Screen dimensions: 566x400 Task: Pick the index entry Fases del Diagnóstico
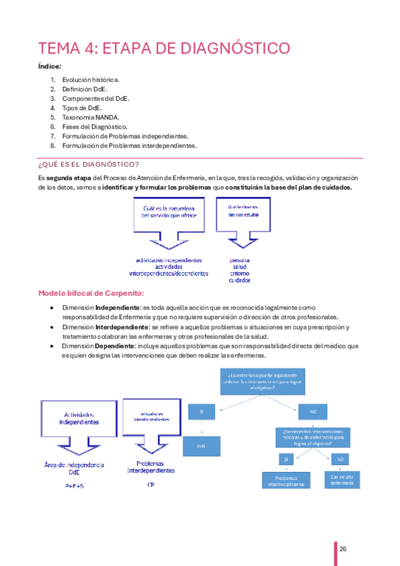94,126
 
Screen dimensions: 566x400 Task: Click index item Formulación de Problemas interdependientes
129,145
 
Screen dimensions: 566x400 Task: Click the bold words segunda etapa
70,178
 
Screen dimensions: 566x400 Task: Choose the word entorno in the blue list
240,273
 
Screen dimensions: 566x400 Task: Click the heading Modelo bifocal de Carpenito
90,292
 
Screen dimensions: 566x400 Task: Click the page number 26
343,549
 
